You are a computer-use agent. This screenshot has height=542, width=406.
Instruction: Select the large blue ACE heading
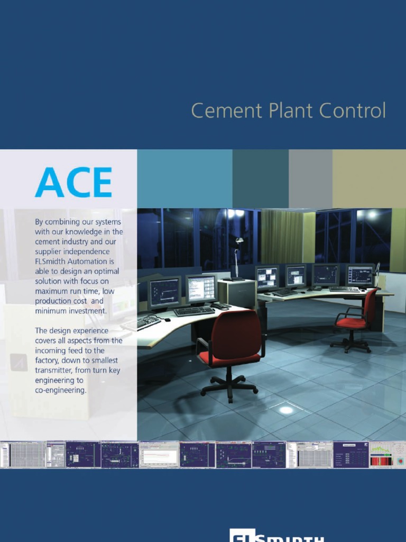click(x=73, y=183)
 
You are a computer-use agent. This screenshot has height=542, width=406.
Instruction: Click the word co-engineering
click(x=60, y=390)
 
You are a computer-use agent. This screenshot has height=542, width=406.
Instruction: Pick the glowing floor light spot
click(x=286, y=410)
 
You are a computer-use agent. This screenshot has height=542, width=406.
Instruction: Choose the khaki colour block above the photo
click(x=368, y=178)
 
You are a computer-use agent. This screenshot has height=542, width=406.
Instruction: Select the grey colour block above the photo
click(x=310, y=178)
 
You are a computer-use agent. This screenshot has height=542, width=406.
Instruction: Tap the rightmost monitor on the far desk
click(x=359, y=275)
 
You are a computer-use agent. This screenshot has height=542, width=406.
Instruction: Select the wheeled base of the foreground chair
click(x=229, y=384)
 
